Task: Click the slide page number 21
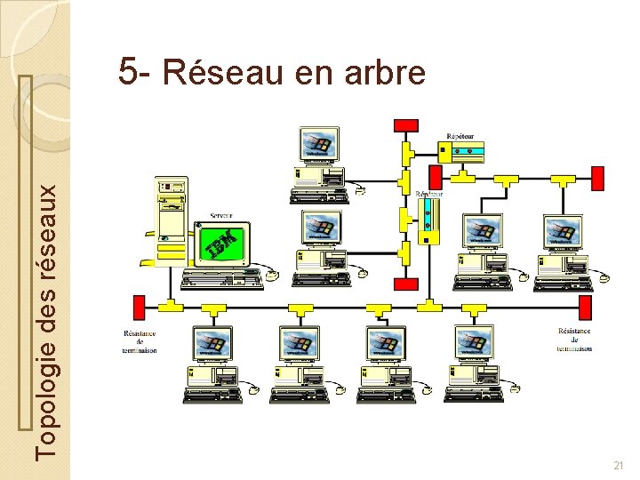[619, 466]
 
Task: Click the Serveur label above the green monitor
[222, 215]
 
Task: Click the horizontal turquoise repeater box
[465, 151]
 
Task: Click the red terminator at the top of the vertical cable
[406, 124]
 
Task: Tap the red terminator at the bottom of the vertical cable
[406, 284]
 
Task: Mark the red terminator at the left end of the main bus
[139, 307]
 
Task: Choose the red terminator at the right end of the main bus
[586, 307]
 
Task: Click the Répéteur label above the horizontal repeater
[460, 135]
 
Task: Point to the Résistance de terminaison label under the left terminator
[140, 341]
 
